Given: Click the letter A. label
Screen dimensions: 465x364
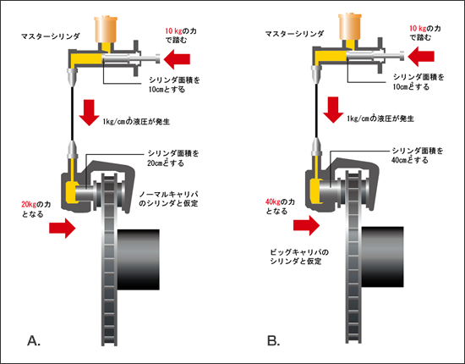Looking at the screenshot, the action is tap(34, 340).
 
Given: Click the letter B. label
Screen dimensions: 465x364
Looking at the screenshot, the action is tap(273, 340).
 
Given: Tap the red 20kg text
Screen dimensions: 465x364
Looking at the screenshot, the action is tap(29, 204).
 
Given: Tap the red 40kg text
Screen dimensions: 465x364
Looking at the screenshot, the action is tap(272, 201).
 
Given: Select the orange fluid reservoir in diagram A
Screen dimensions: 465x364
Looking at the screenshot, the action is tap(104, 30).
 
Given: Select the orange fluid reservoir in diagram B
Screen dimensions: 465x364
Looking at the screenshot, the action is tap(349, 27).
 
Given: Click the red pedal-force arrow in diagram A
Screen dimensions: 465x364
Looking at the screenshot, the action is tap(177, 59).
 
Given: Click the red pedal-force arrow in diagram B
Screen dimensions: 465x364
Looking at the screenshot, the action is tap(421, 57).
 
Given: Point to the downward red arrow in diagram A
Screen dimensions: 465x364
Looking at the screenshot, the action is tap(89, 113).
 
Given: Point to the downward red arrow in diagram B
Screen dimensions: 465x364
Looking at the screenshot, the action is tap(333, 110).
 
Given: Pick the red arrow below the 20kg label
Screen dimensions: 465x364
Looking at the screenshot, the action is tap(63, 228).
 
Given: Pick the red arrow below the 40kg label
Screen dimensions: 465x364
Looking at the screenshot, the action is tap(306, 226).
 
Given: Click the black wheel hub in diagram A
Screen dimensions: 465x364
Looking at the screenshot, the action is tap(139, 260).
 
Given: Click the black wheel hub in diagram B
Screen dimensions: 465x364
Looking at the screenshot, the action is tap(382, 256).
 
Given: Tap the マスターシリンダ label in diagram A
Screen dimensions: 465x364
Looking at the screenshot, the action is tap(51, 36).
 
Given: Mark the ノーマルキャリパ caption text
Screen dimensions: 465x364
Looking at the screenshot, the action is tap(168, 199).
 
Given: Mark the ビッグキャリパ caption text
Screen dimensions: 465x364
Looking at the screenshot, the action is tap(299, 256).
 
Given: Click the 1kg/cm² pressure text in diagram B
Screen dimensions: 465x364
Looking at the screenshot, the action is tap(380, 119).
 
